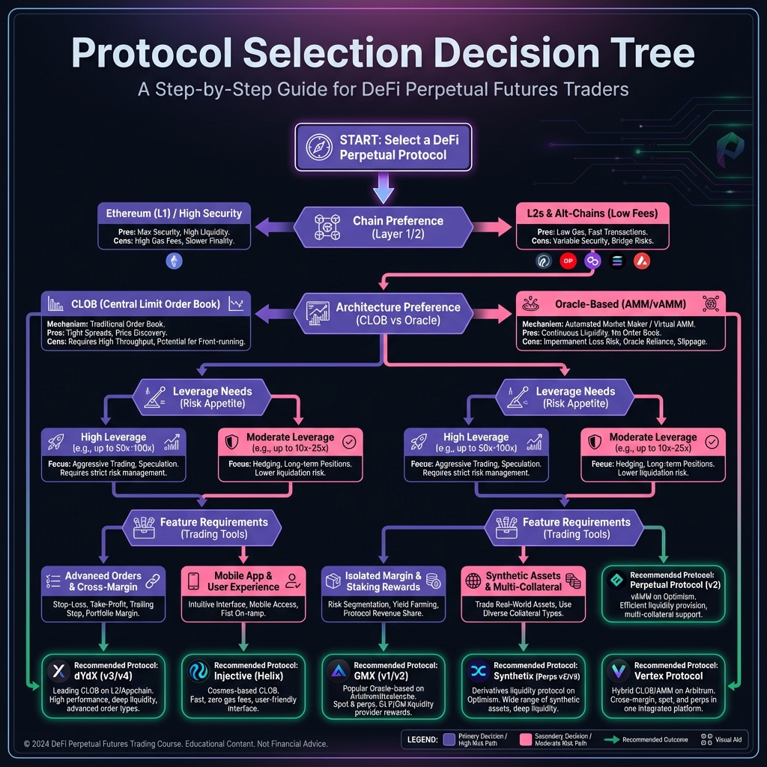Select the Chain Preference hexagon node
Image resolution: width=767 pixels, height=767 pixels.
(383, 226)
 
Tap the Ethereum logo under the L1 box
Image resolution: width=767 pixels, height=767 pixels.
(174, 261)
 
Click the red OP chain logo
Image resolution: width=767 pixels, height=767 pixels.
(569, 261)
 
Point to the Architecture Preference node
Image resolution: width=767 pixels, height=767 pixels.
(383, 313)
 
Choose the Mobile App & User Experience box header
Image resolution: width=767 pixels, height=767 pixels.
(243, 581)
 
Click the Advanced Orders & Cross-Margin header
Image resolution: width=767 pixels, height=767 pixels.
(103, 581)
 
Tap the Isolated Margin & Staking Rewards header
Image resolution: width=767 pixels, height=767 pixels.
(383, 581)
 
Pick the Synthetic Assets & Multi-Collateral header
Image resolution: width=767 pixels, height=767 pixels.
(524, 581)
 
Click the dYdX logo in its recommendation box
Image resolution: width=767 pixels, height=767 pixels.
(58, 671)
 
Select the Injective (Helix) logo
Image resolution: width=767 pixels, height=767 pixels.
(198, 671)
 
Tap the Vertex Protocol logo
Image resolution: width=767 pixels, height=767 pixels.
(619, 671)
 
